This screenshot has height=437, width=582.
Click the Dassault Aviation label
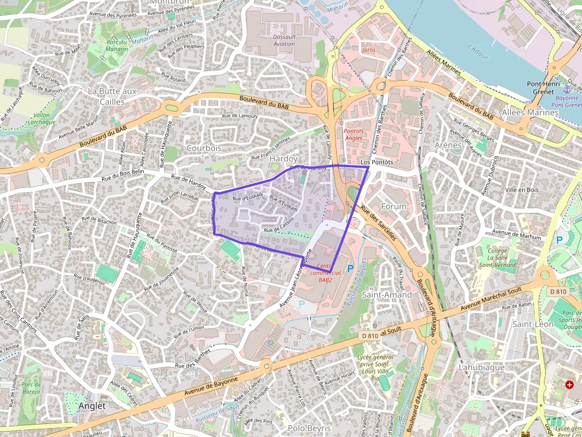coord(283,40)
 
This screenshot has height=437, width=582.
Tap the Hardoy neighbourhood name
coord(283,159)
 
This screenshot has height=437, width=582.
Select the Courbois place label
coord(204,148)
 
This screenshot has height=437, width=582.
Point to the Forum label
coord(394,206)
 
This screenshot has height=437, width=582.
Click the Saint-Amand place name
coord(387,295)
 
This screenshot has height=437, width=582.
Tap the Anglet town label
coord(91,406)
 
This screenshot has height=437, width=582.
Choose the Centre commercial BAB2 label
coord(325,273)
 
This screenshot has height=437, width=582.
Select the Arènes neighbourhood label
coord(448,145)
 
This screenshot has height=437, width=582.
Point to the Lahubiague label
coord(481,367)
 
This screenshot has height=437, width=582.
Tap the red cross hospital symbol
coord(570,385)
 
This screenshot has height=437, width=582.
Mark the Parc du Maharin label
coord(117,45)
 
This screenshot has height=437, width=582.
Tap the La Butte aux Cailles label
coord(112,96)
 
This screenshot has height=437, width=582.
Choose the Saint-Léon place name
coord(533,324)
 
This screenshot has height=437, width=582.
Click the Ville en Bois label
coord(521,190)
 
